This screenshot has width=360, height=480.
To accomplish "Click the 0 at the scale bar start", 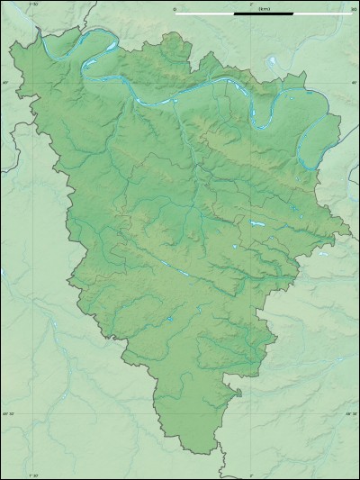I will pos(175,8).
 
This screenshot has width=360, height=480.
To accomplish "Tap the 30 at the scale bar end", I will pos(354,8).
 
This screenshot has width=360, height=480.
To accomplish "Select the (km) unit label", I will pos(264,8).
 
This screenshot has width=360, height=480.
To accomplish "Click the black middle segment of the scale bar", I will pos(264,14).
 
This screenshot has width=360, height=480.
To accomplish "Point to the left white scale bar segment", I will pos(204,14).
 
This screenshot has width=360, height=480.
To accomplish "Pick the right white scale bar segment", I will pos(323,14).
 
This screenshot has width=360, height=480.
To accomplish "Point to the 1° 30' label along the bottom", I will pos(35,475).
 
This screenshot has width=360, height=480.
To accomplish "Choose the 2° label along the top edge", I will pos(237,5).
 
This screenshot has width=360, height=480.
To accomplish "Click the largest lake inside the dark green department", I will pos(256,222).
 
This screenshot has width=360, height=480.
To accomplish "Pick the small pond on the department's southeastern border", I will pos(238,392).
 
